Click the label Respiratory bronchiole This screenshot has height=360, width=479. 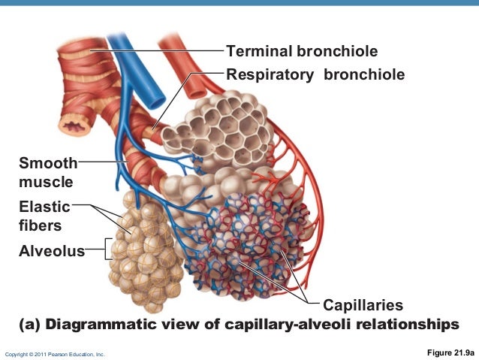click(315, 75)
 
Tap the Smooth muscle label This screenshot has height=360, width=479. click(47, 172)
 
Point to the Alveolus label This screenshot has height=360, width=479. click(52, 251)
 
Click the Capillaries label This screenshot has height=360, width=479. click(363, 306)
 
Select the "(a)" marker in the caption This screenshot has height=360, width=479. click(29, 325)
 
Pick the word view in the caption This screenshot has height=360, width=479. click(183, 325)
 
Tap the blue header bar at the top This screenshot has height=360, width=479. click(239, 3)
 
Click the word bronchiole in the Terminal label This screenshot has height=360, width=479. click(337, 52)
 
